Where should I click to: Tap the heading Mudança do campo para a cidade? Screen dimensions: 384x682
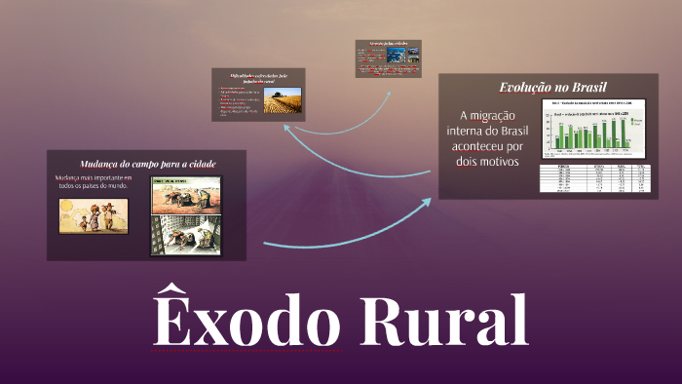(x=147, y=163)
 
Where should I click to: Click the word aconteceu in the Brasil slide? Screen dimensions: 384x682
(x=475, y=145)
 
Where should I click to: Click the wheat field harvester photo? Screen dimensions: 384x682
(x=283, y=99)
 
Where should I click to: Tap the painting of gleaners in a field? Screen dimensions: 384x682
(x=186, y=195)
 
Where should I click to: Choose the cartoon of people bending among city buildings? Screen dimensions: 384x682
(x=186, y=237)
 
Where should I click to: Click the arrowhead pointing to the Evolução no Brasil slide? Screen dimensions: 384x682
(x=428, y=202)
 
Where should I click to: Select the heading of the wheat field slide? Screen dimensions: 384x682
(x=259, y=78)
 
